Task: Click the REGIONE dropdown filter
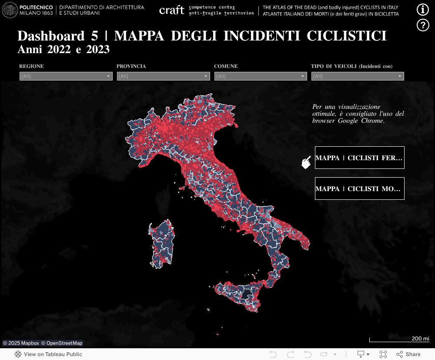[66, 76]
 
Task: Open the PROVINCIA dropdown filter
[163, 76]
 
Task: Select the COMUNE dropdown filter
[261, 76]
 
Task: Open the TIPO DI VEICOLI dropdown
[358, 76]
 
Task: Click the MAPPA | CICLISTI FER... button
[359, 158]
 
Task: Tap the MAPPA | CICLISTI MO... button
[359, 188]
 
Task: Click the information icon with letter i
[423, 10]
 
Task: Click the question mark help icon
[423, 25]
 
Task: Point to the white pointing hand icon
[307, 162]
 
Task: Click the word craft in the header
[172, 10]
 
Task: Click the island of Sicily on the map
[239, 294]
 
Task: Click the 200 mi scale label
[420, 338]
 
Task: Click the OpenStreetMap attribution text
[62, 343]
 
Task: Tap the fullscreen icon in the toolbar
[383, 354]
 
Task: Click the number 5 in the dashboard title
[95, 36]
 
